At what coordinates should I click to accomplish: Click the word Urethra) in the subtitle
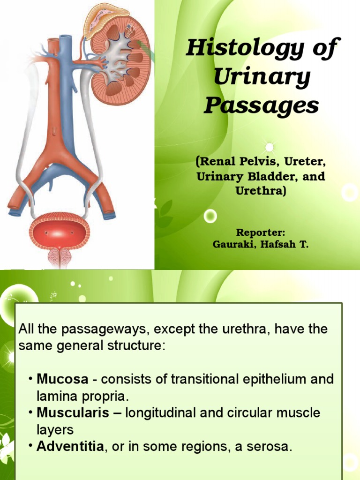260,191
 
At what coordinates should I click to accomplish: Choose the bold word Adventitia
70,447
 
